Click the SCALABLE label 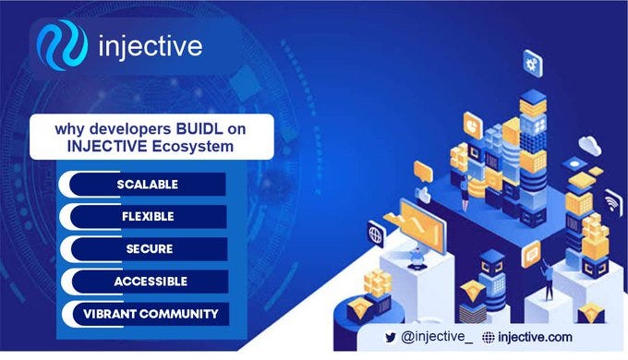147,184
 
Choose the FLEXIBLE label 149,216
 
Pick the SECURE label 149,248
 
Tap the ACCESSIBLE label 149,281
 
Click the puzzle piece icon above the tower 533,64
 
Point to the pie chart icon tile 469,121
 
